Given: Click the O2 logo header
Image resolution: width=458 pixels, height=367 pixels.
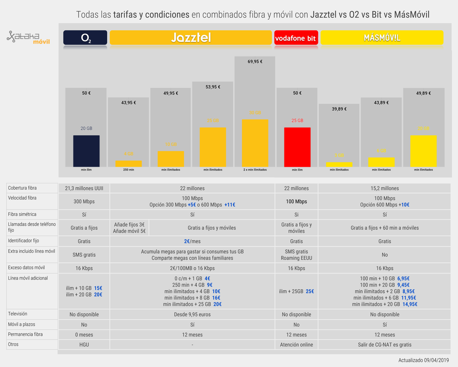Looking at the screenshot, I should [x=85, y=38].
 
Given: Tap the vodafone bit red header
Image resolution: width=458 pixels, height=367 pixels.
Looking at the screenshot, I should [x=296, y=38].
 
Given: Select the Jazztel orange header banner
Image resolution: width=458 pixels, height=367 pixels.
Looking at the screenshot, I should [x=190, y=38].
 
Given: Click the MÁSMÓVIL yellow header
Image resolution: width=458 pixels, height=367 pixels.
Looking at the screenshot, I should [x=382, y=38].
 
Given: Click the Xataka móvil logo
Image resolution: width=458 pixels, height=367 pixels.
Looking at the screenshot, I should [x=28, y=38].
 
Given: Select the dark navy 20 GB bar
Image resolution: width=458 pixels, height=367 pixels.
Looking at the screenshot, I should [x=86, y=151].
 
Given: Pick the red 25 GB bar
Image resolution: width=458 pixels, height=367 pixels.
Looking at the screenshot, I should [x=297, y=147].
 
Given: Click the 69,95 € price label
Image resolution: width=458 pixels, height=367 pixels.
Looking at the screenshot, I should [x=255, y=61].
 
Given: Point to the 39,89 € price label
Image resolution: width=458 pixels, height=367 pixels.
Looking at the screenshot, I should [x=339, y=109].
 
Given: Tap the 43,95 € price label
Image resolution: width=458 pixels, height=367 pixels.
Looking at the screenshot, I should [x=128, y=102].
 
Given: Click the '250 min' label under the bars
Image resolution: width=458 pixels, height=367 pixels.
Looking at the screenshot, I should [x=128, y=170].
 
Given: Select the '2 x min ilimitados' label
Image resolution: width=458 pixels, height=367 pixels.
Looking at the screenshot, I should [x=255, y=170].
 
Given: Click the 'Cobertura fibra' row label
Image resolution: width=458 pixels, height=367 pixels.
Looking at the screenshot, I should [x=22, y=188].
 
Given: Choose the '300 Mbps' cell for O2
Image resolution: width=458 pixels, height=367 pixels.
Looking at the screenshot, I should [x=84, y=201].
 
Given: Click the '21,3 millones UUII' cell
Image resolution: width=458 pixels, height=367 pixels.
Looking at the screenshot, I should [x=84, y=188].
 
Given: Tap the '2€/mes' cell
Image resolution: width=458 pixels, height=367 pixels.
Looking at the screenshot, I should [x=192, y=241].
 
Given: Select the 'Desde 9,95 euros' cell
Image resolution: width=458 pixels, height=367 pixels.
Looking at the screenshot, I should [x=192, y=314].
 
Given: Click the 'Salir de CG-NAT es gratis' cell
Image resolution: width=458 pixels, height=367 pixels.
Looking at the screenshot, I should [x=385, y=345].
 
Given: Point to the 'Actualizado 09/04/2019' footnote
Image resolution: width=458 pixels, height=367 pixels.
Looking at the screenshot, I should [x=423, y=360].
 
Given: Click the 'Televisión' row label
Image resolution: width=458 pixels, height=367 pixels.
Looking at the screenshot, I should [x=18, y=314].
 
